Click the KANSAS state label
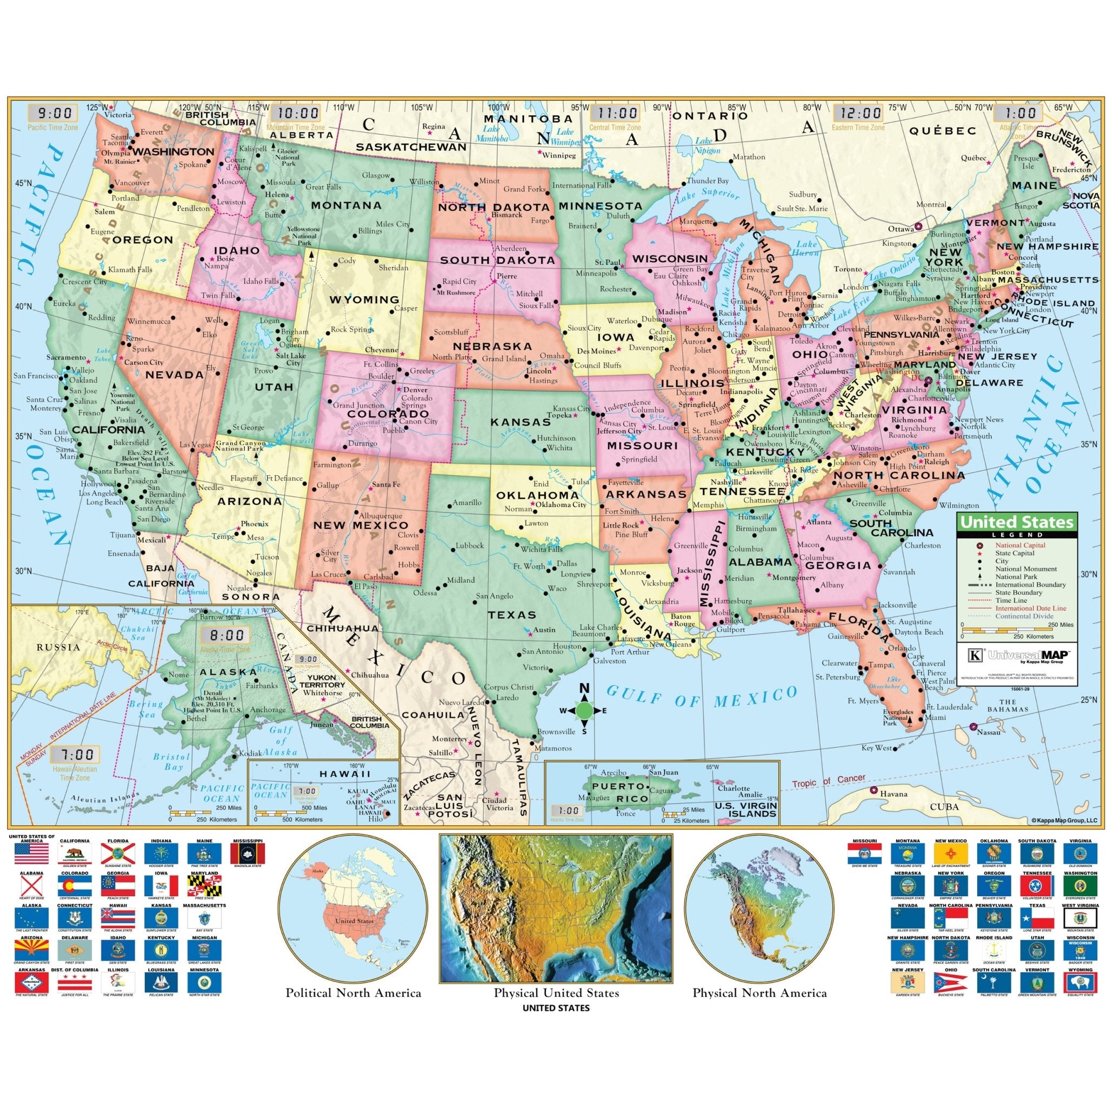click(x=521, y=422)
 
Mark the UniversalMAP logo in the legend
click(x=1014, y=655)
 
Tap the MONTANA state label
click(x=346, y=205)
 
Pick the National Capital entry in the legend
click(x=1020, y=545)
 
